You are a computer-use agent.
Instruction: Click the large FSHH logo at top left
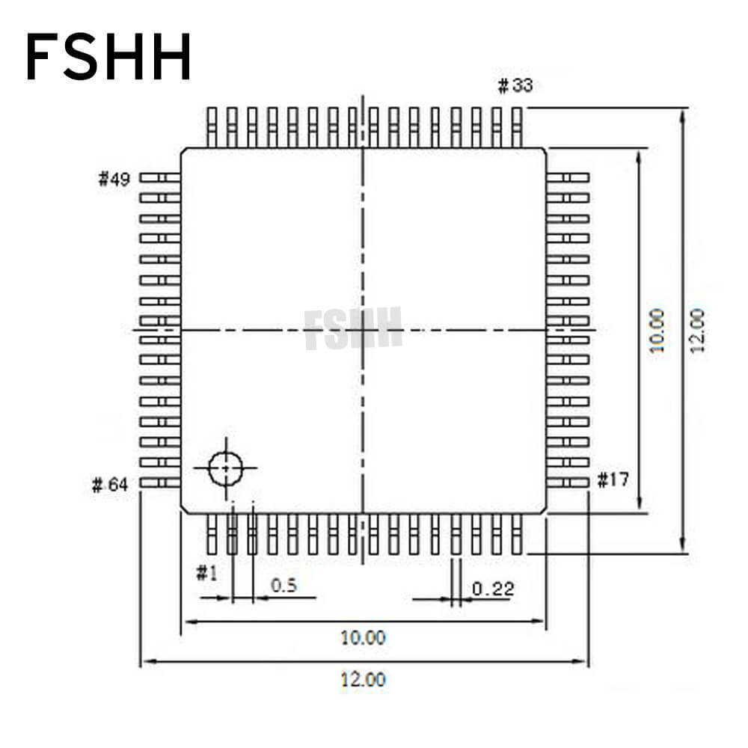pyautogui.click(x=108, y=58)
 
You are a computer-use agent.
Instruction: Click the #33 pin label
pyautogui.click(x=515, y=86)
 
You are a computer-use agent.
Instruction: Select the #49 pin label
pyautogui.click(x=114, y=179)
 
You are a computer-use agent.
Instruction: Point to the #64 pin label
pyautogui.click(x=110, y=485)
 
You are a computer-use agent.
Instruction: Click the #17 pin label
pyautogui.click(x=613, y=480)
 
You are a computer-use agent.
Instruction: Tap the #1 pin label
pyautogui.click(x=206, y=574)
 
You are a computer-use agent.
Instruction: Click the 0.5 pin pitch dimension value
pyautogui.click(x=283, y=585)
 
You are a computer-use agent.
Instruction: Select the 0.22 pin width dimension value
pyautogui.click(x=493, y=589)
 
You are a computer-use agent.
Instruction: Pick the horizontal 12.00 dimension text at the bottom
pyautogui.click(x=364, y=680)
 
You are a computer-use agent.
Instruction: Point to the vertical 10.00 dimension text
pyautogui.click(x=657, y=331)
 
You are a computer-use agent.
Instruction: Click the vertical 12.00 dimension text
pyautogui.click(x=697, y=331)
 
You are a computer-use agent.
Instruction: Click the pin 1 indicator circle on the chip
pyautogui.click(x=225, y=468)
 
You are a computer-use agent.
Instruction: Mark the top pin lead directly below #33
pyautogui.click(x=515, y=126)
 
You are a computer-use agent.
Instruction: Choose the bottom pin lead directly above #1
pyautogui.click(x=212, y=534)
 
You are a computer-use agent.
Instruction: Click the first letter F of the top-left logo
pyautogui.click(x=42, y=58)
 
